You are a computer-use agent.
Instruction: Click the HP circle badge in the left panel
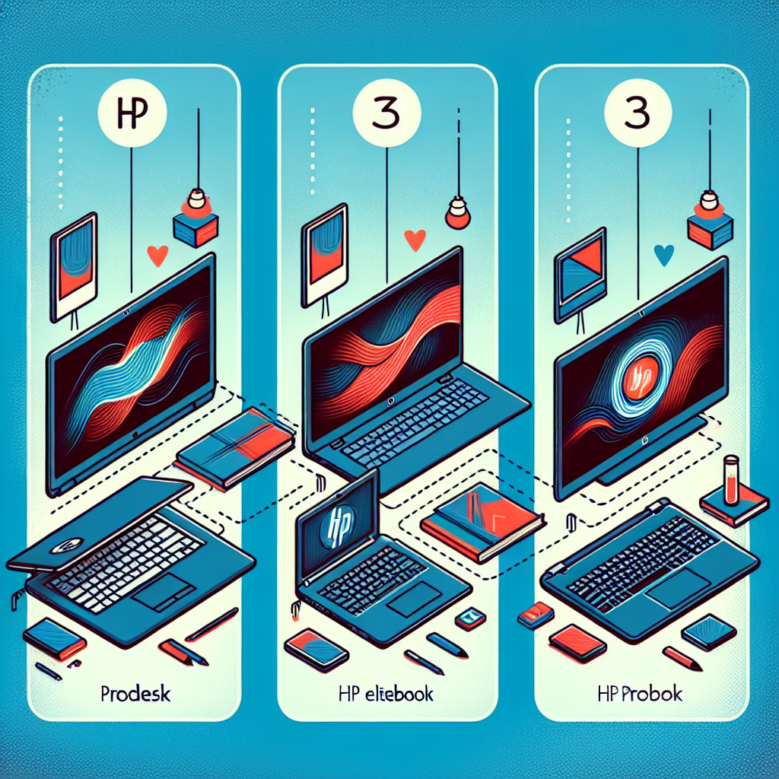(132, 113)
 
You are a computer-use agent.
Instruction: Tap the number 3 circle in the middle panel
(387, 113)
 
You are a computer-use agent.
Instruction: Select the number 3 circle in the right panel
(638, 113)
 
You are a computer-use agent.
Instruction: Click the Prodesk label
(135, 694)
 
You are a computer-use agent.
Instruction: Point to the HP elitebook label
(386, 694)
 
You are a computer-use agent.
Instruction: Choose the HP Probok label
(641, 694)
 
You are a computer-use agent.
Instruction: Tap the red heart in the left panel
(158, 256)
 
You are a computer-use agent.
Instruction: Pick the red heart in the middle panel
(415, 240)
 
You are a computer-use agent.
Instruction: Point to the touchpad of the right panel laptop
(679, 590)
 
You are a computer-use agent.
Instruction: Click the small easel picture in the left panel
(74, 266)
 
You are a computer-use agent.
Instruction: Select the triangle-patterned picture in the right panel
(580, 275)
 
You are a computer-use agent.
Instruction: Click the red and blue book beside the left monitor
(234, 447)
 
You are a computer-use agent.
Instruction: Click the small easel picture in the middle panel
(324, 253)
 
